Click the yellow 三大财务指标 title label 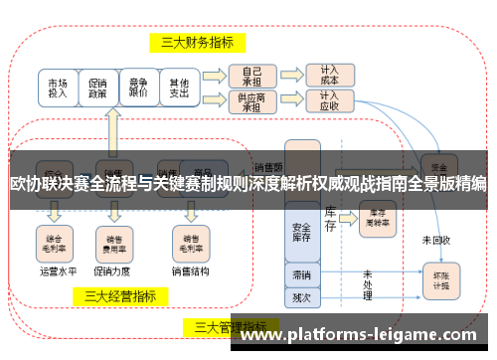197,43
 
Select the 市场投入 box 58,89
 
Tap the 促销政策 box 97,89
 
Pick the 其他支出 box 179,89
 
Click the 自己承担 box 245,76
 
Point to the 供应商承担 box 245,101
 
